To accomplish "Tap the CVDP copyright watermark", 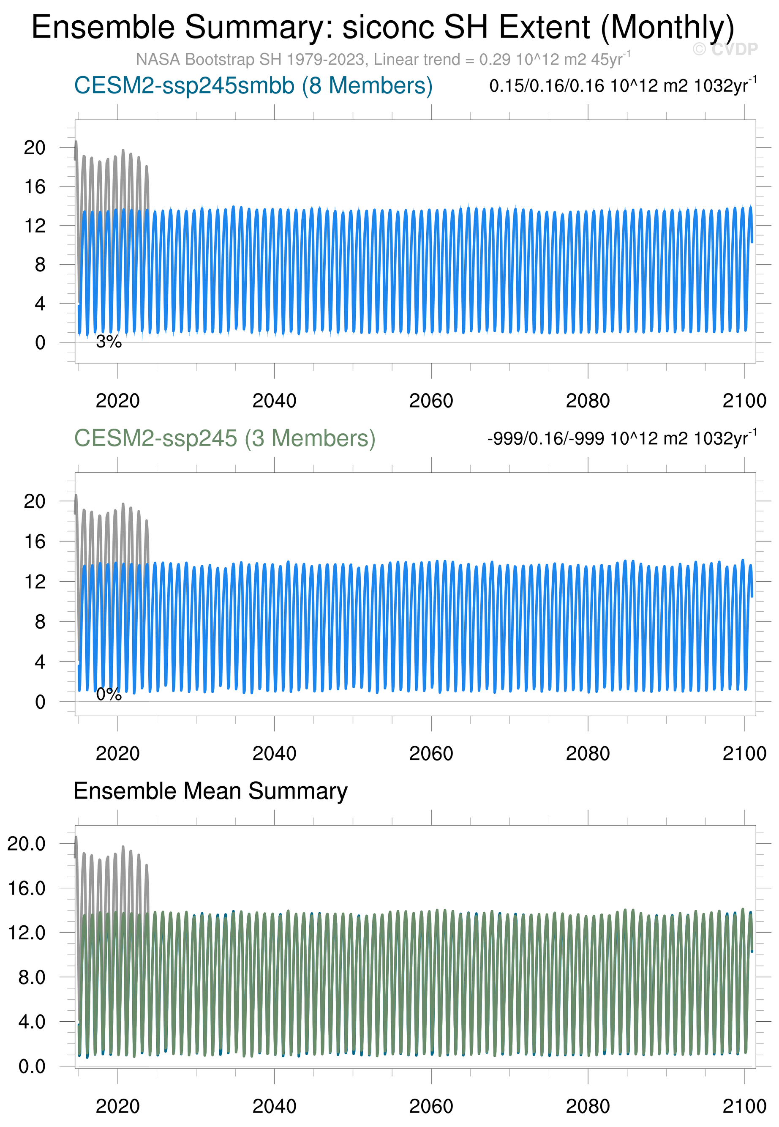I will tap(725, 49).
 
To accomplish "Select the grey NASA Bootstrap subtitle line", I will tap(383, 60).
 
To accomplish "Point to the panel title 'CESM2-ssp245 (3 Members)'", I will tap(224, 438).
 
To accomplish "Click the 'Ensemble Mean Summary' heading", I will tap(210, 791).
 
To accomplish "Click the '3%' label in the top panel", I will tap(108, 342).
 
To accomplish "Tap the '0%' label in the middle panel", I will tap(108, 694).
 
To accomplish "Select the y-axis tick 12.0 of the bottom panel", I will tap(27, 933).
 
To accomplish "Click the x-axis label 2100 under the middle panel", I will tap(744, 753).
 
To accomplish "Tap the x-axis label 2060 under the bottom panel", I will tap(431, 1106).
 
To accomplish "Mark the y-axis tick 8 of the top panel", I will tap(40, 265).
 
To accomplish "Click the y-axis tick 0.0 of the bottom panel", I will tap(32, 1067).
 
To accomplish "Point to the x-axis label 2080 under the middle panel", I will tap(588, 753).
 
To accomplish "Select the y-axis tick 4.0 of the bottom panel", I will tap(32, 1021).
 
